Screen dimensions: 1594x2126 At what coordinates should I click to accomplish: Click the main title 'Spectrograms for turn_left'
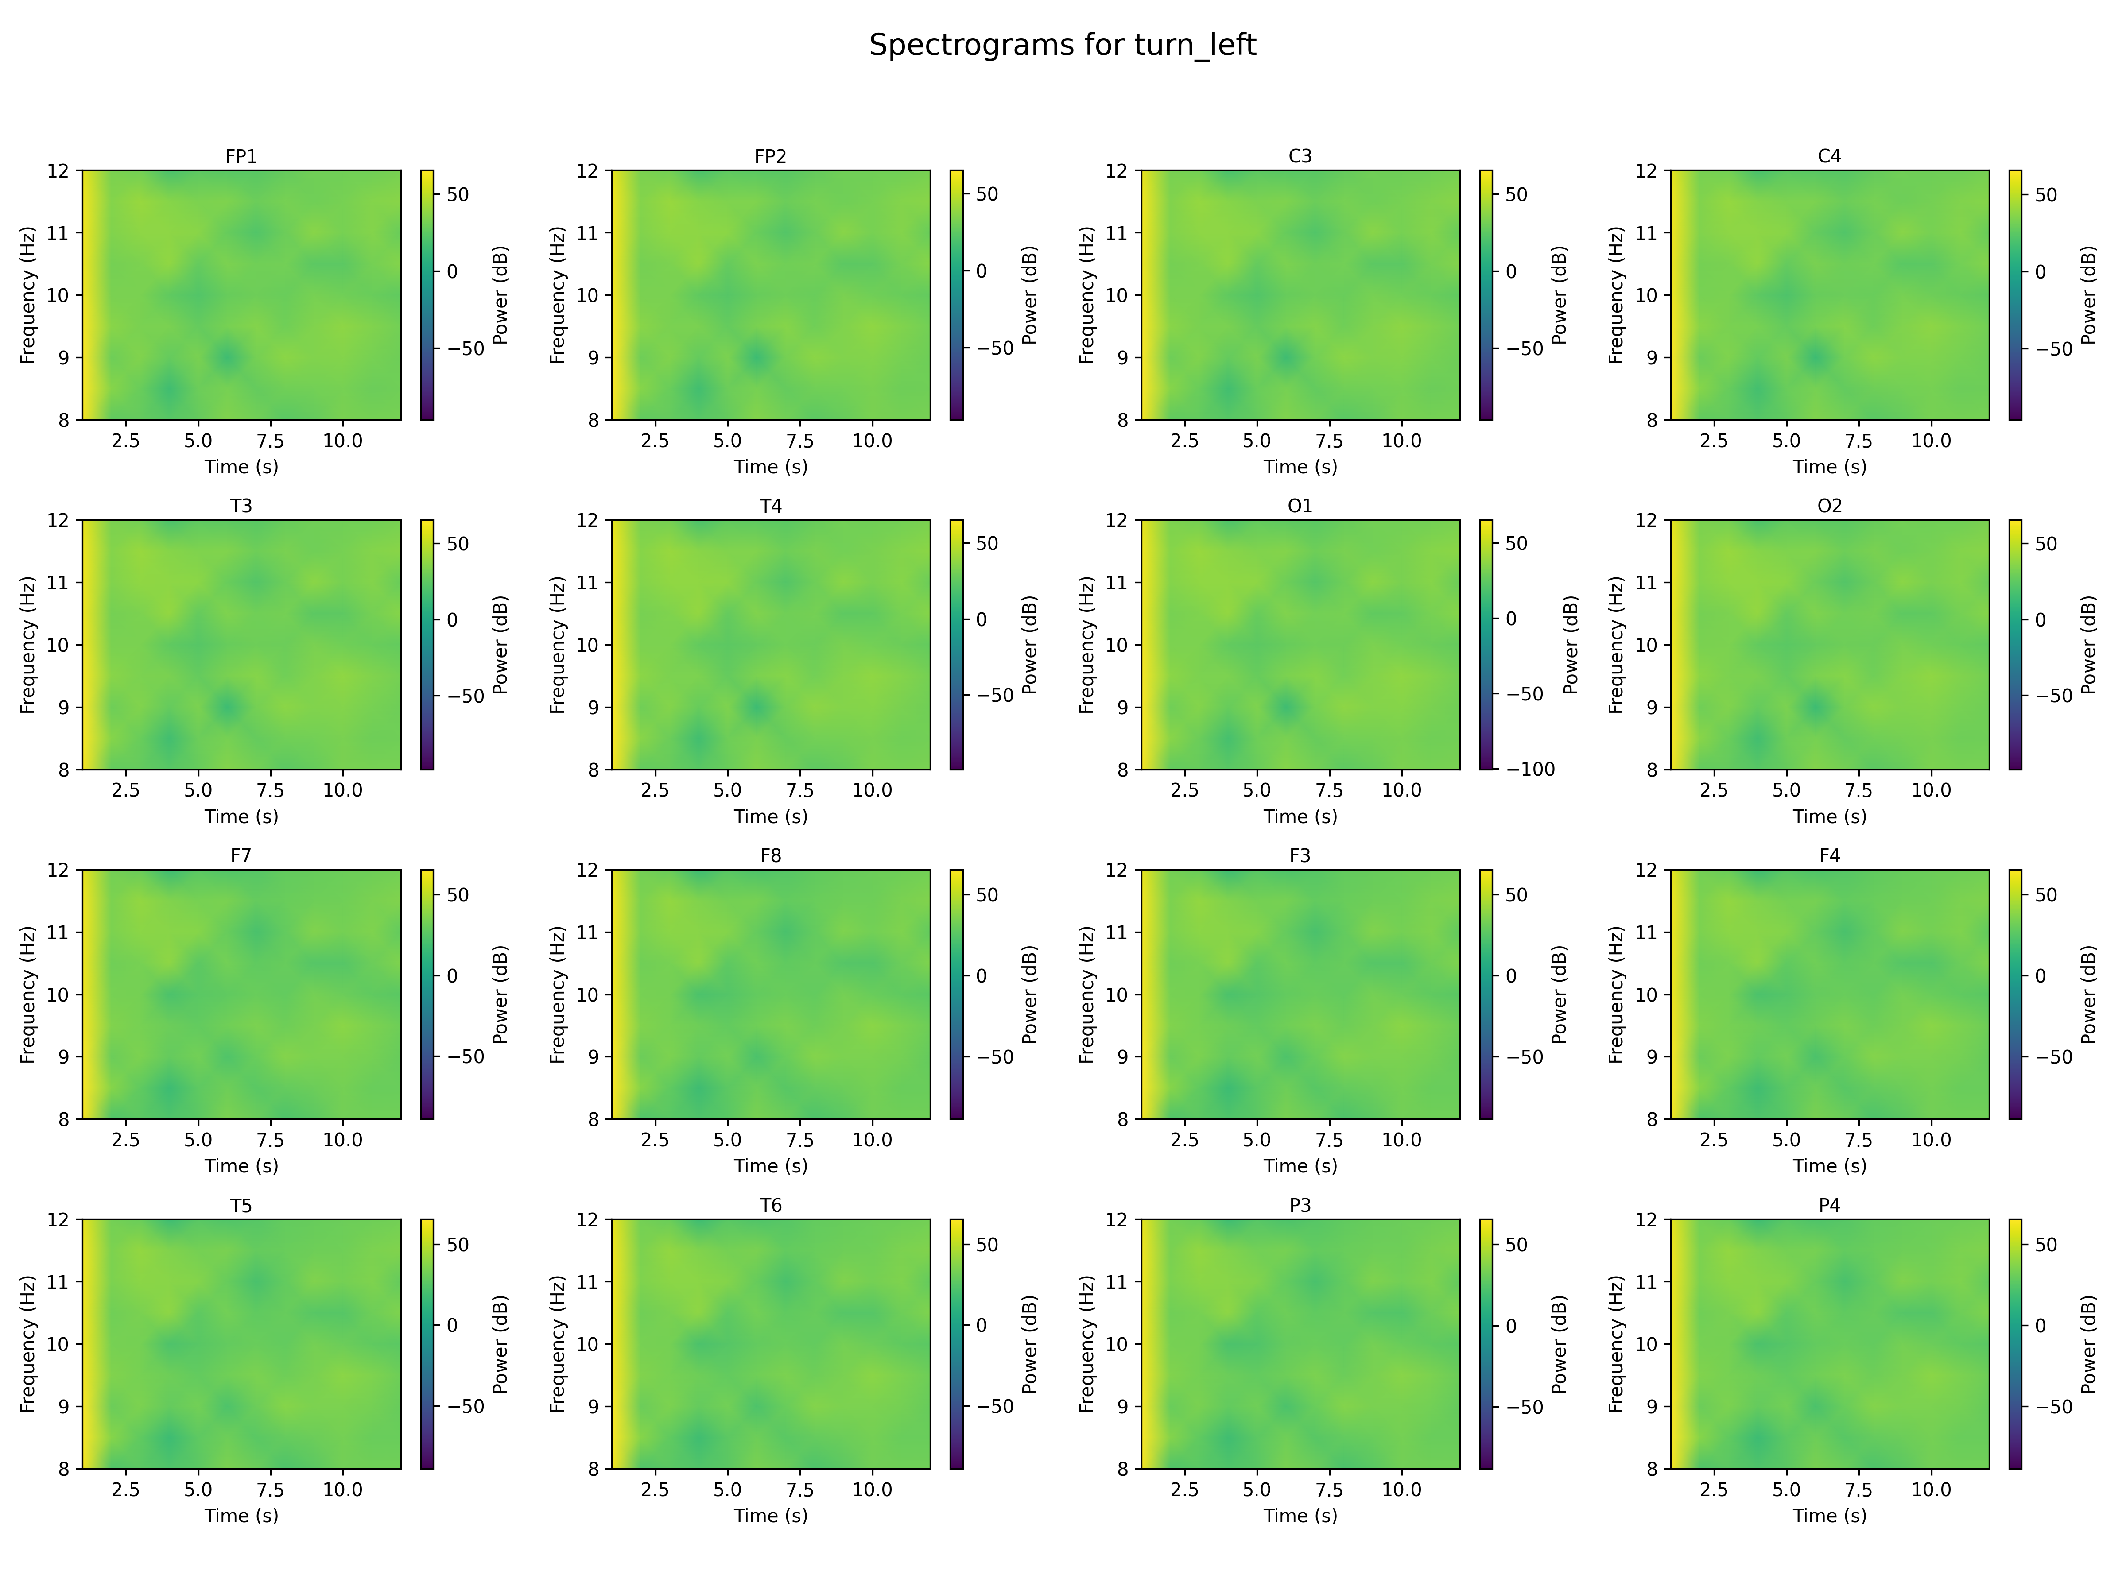(1062, 45)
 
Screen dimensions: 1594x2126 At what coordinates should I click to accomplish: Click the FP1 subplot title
(241, 156)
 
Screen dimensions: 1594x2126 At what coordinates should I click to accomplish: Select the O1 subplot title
(1300, 505)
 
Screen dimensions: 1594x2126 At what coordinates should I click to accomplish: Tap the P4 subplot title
(1829, 1205)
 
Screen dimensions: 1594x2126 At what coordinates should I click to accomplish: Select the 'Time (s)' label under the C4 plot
(1829, 467)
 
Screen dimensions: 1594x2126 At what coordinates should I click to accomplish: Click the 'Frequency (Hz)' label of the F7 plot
(28, 994)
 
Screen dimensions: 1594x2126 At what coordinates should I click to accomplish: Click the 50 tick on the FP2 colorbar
(987, 194)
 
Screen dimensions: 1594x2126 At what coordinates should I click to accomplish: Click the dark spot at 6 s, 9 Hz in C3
(1286, 357)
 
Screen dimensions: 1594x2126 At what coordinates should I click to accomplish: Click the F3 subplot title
(1300, 855)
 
